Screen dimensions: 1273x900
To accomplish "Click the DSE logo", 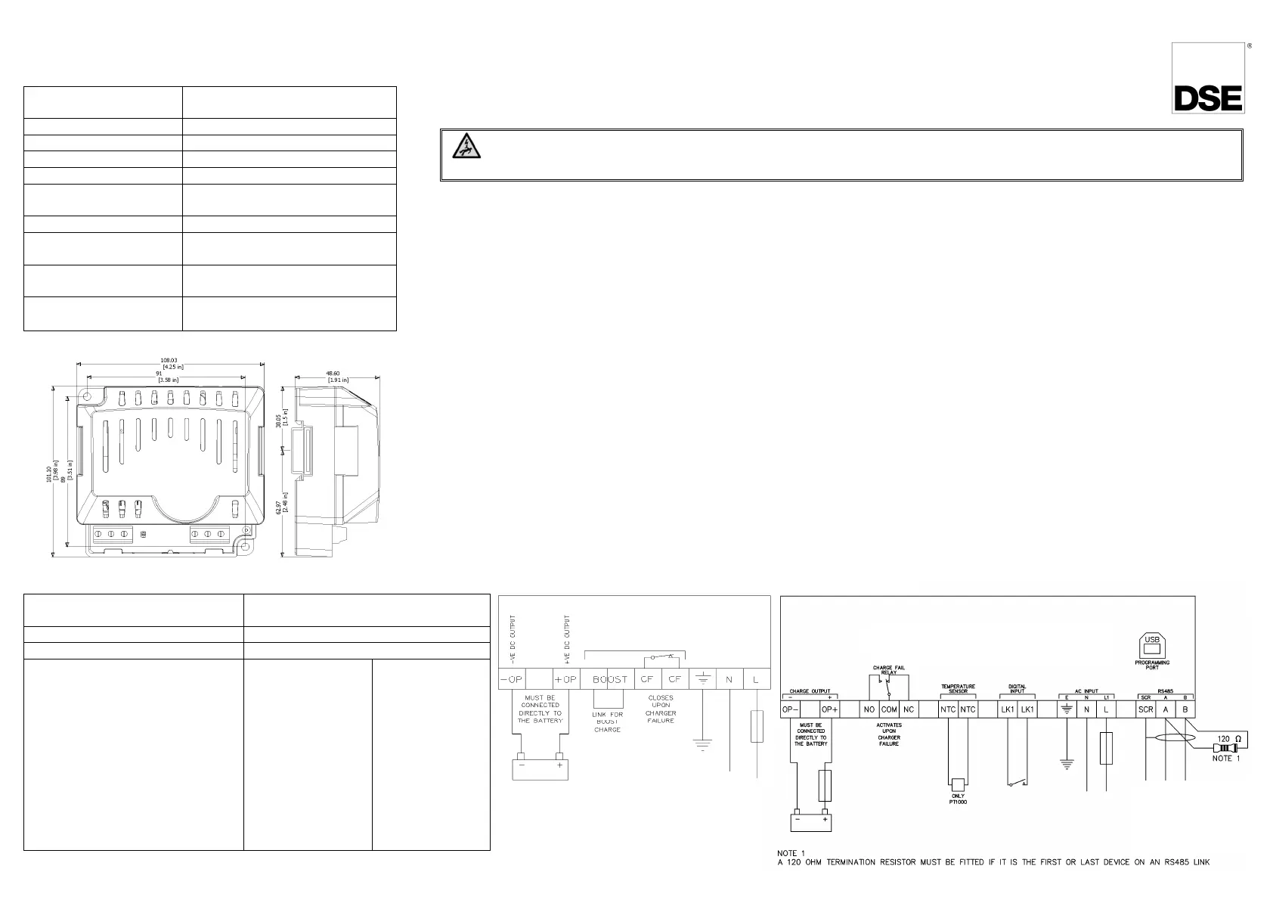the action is [1207, 98].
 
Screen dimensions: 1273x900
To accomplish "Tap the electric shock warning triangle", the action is [460, 147].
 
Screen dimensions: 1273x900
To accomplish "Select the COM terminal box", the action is [889, 709].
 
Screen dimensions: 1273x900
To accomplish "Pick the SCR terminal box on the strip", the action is [1145, 709].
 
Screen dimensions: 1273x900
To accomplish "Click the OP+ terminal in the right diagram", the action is [829, 709].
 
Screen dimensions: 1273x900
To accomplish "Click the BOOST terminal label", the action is [610, 679].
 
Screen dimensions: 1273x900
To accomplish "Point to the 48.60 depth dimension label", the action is [332, 373].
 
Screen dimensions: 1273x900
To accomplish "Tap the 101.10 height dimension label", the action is [49, 476].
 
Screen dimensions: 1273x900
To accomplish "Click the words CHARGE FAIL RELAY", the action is [888, 670].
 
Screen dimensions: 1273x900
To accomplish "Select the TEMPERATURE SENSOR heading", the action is [958, 688].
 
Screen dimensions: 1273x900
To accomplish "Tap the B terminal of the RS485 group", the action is [1185, 709].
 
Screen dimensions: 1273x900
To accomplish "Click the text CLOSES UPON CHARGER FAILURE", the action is [660, 709].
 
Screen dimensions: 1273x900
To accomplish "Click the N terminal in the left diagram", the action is [729, 679].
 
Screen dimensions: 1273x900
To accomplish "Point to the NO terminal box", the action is [869, 709].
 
